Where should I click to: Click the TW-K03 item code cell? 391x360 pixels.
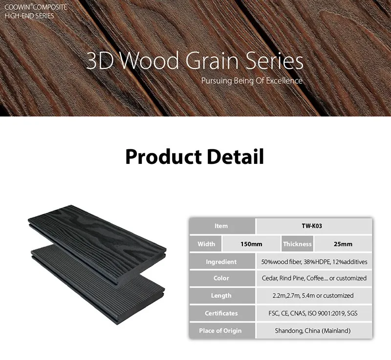pyautogui.click(x=314, y=226)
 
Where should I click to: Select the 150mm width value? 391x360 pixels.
pyautogui.click(x=251, y=244)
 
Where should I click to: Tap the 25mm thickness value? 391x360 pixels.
pyautogui.click(x=342, y=244)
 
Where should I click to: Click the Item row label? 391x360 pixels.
pyautogui.click(x=221, y=226)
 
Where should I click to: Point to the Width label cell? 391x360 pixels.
pyautogui.click(x=206, y=244)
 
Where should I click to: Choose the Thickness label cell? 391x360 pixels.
pyautogui.click(x=297, y=244)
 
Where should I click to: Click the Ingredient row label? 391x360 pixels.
pyautogui.click(x=221, y=262)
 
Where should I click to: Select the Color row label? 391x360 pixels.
pyautogui.click(x=221, y=278)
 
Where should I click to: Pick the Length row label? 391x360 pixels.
pyautogui.click(x=221, y=295)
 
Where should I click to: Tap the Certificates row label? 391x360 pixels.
pyautogui.click(x=221, y=313)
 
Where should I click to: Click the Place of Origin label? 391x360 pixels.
pyautogui.click(x=221, y=331)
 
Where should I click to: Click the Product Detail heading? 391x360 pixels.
pyautogui.click(x=195, y=157)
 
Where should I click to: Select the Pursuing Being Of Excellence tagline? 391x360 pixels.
pyautogui.click(x=252, y=81)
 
